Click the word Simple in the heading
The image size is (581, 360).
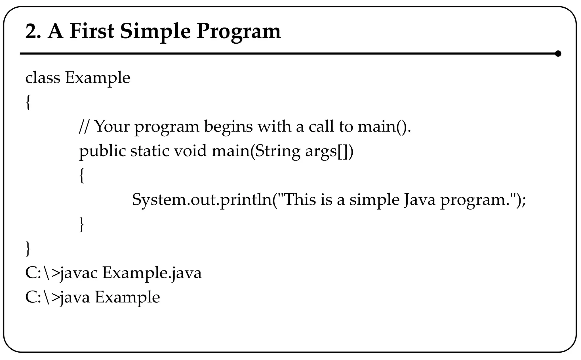pos(155,32)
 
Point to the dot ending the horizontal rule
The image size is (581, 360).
pos(558,54)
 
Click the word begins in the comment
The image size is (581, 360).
pos(228,127)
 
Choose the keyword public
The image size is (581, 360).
pos(102,151)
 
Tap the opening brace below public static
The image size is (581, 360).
pos(81,175)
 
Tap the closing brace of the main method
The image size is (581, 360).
pos(81,224)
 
